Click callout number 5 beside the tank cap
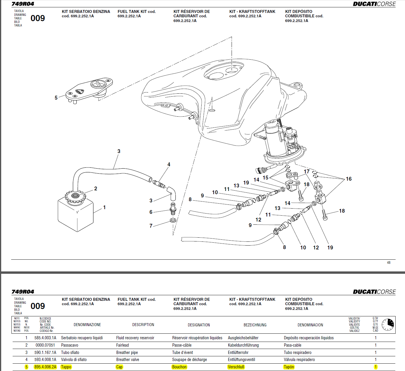[x=56, y=98]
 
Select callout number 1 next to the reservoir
[x=104, y=207]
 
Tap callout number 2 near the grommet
[x=96, y=189]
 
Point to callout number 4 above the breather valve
[x=169, y=164]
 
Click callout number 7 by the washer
[x=151, y=226]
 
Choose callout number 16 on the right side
[x=349, y=179]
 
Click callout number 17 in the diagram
[x=307, y=172]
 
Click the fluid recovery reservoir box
[x=75, y=214]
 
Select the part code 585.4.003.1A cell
[x=45, y=338]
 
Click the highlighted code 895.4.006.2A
[x=45, y=367]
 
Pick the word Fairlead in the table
[x=123, y=345]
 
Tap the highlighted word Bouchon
[x=179, y=367]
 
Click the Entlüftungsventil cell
[x=241, y=360]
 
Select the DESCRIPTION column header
[x=143, y=325]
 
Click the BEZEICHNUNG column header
[x=255, y=325]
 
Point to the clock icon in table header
[x=388, y=325]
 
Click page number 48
[x=389, y=263]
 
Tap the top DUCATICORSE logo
[x=374, y=4]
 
